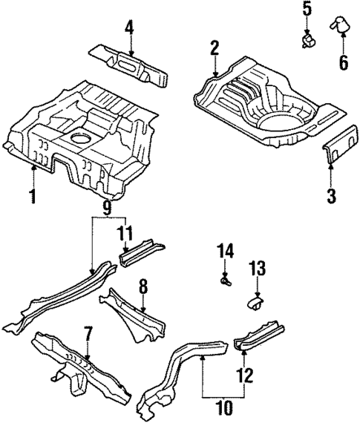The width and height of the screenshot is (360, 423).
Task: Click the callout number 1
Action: (x=33, y=197)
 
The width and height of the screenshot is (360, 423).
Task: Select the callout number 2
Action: (x=215, y=50)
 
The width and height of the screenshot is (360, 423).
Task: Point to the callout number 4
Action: (x=129, y=30)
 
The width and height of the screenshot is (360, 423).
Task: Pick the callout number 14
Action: (x=226, y=253)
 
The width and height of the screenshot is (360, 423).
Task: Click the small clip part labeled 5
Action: (x=307, y=39)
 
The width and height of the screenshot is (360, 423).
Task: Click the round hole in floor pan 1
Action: (x=78, y=138)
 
